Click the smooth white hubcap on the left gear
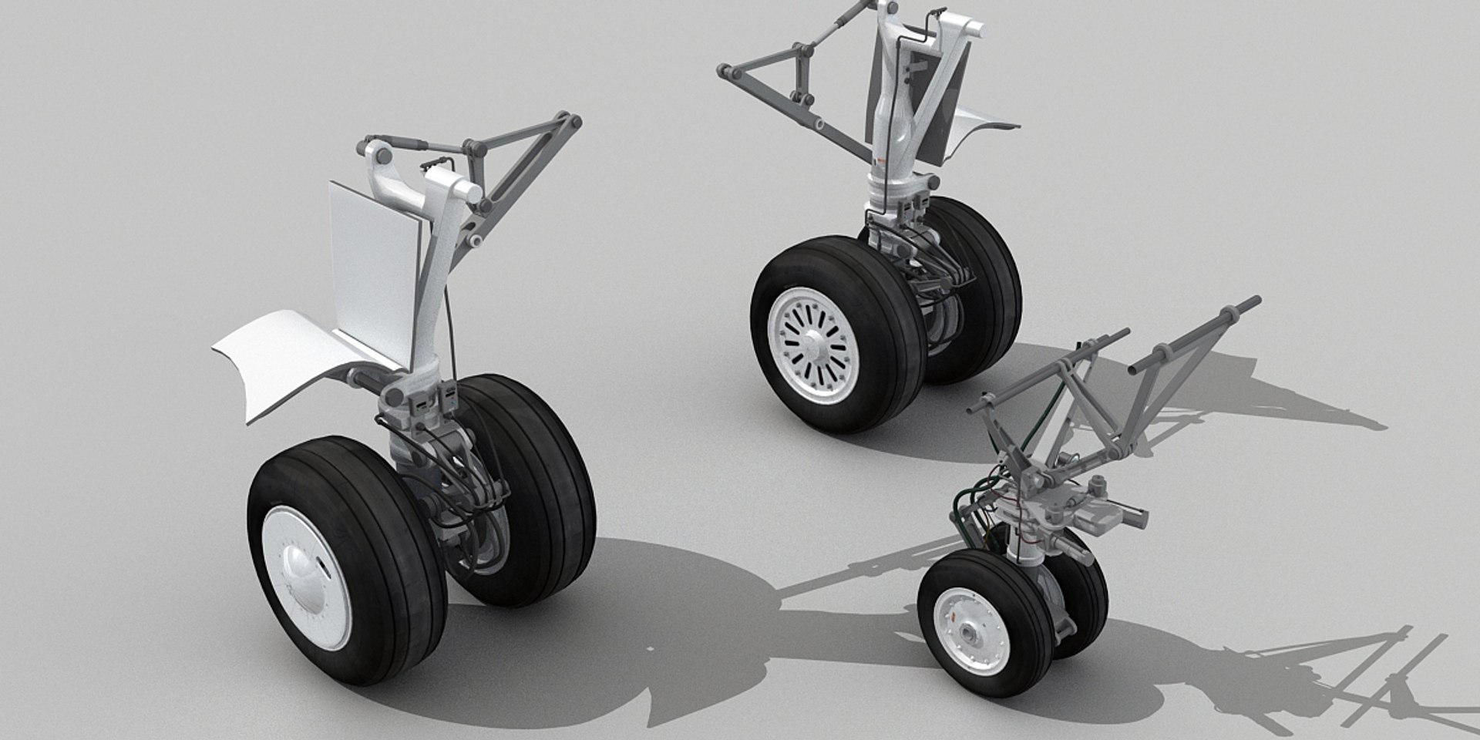tap(307, 570)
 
